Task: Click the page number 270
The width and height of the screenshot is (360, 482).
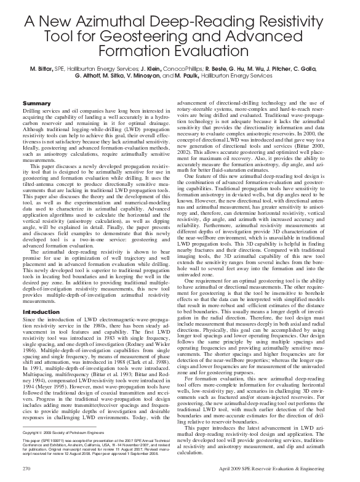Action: pyautogui.click(x=26, y=469)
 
